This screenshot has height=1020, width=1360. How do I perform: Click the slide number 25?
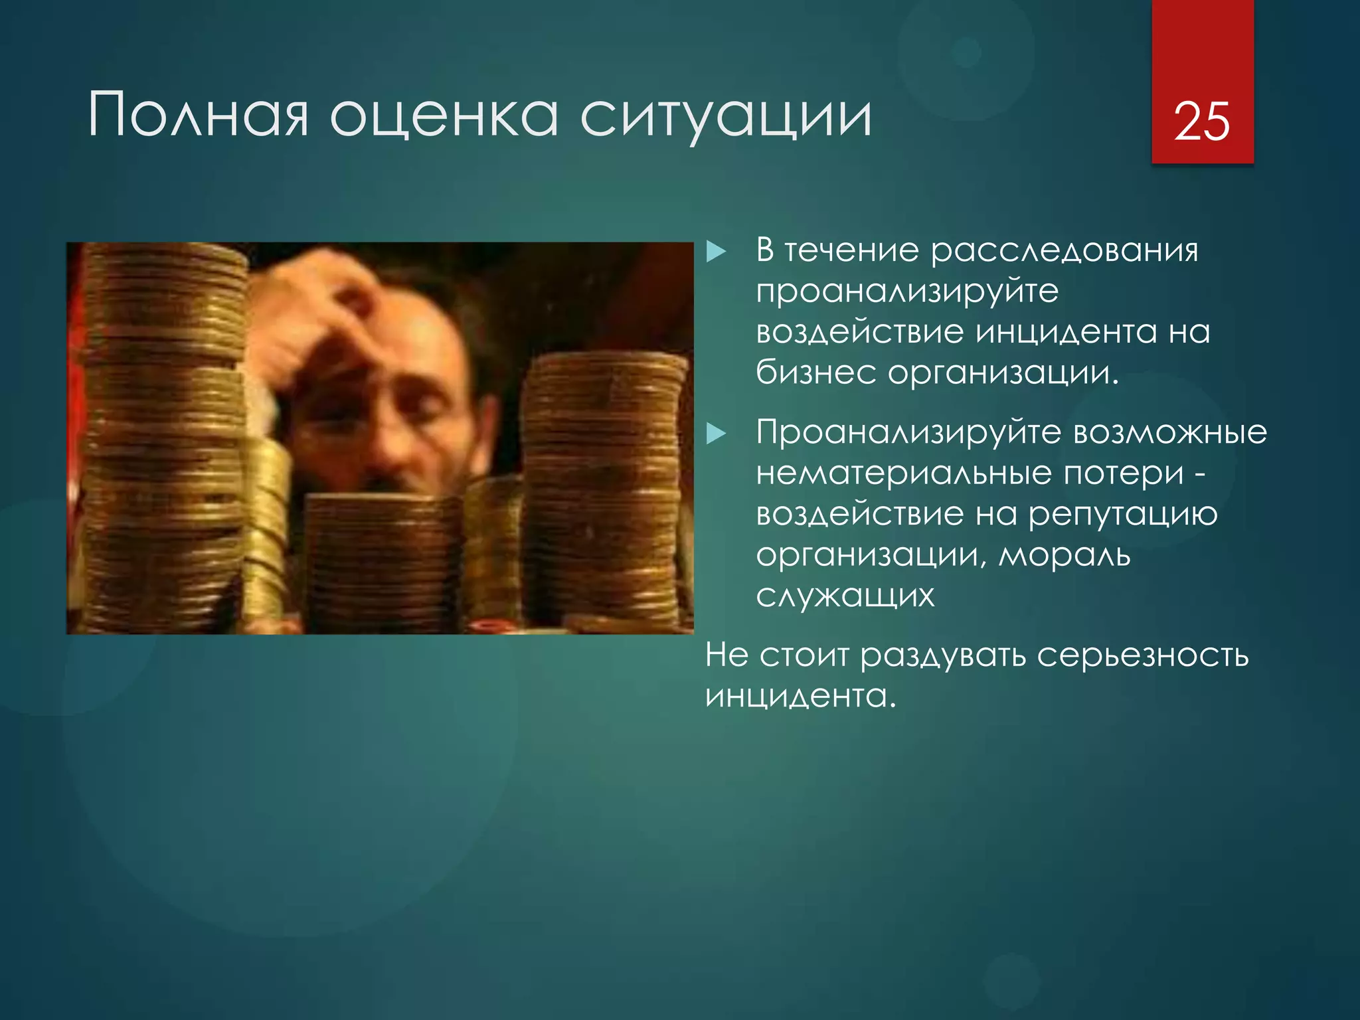tap(1202, 122)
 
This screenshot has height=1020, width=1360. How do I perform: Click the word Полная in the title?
tap(198, 117)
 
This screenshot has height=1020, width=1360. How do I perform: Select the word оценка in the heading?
tap(444, 117)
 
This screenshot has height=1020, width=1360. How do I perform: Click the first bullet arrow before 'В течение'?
tap(716, 252)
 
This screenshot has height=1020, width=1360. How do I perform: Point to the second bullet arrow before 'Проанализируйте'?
tap(716, 434)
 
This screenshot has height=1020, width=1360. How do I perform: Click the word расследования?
tap(1064, 251)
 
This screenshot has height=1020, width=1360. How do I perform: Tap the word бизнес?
tap(816, 373)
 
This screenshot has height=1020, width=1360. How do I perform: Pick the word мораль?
tap(1064, 554)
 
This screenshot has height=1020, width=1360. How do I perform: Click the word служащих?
tap(845, 596)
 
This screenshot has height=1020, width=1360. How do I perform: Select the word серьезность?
tap(1142, 656)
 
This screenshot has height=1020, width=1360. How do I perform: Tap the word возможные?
tap(1170, 433)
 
